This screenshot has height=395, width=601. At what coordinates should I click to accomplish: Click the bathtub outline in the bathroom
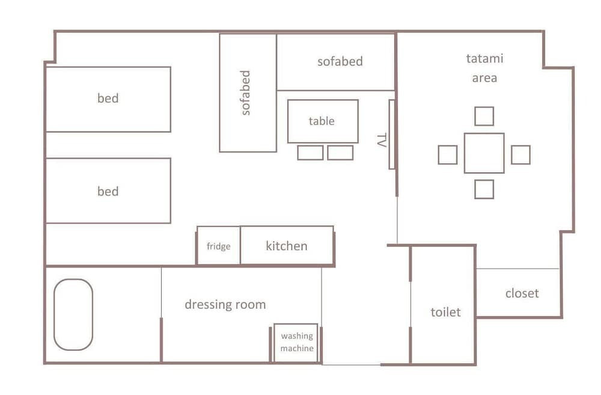pos(54,314)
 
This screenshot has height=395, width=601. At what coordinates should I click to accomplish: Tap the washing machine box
pos(296,343)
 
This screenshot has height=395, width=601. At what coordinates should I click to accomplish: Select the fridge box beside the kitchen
pos(219,245)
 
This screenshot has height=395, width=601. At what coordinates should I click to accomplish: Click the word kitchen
pos(287,246)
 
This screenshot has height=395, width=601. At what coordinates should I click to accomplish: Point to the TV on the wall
pos(392,135)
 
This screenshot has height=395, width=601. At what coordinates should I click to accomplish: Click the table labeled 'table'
pos(323,121)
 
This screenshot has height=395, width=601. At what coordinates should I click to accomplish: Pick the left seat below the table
pos(310,153)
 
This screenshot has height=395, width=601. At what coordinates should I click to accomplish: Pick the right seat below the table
pos(340,153)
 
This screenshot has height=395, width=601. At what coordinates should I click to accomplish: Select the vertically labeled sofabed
pos(248,93)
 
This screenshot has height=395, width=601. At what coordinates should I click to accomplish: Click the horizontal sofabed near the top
pos(336,62)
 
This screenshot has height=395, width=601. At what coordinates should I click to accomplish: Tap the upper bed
pos(108,99)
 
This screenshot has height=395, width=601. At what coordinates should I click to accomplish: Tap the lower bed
pos(108,191)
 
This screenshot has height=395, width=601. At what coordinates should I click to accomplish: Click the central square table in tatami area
pos(484,153)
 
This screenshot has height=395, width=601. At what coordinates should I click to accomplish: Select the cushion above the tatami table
pos(484,116)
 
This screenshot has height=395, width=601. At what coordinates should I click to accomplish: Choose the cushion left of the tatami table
pos(448,155)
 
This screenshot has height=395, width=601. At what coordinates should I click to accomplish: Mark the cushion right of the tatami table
pos(521,155)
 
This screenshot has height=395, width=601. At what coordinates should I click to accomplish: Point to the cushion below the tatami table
pos(484,189)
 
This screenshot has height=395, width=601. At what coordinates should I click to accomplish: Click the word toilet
pos(445,312)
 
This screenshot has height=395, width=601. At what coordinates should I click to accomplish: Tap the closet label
pos(522,293)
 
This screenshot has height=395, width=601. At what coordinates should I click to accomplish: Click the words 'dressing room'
pos(225,304)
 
